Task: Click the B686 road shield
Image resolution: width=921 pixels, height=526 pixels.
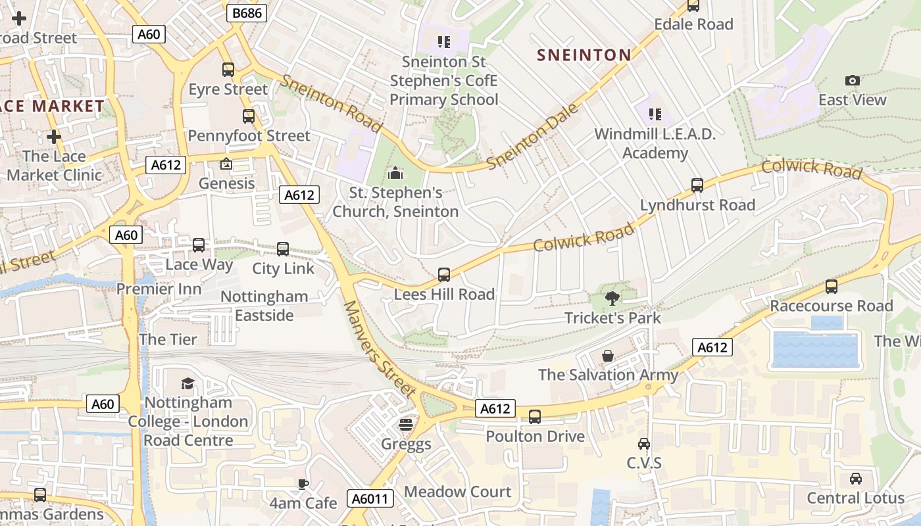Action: [x=247, y=12]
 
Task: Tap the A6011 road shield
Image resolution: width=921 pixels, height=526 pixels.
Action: [x=369, y=498]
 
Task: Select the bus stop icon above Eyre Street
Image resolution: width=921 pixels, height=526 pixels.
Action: [x=228, y=70]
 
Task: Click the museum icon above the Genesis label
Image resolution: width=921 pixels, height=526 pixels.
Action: [x=226, y=164]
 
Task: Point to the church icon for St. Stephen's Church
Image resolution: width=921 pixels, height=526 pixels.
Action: [x=395, y=173]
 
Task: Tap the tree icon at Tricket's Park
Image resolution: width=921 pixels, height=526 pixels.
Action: [x=612, y=299]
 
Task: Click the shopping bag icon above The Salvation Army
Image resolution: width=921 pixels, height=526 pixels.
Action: [x=608, y=356]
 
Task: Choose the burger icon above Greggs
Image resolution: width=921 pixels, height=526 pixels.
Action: [x=406, y=424]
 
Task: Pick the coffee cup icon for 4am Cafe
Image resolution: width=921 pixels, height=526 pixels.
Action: [x=303, y=485]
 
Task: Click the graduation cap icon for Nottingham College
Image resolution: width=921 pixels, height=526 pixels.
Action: [x=187, y=383]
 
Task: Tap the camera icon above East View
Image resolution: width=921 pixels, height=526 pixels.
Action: [x=852, y=80]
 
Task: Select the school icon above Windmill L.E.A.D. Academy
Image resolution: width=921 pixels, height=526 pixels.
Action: [x=655, y=114]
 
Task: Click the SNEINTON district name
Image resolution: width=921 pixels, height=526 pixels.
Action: [x=584, y=55]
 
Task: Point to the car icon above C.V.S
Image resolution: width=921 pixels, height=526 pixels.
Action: [x=643, y=444]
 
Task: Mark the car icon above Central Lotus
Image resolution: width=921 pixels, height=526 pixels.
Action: [x=855, y=479]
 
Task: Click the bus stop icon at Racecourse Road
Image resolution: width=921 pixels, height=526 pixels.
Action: [x=832, y=287]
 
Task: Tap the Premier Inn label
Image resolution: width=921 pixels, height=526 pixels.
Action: [x=159, y=289]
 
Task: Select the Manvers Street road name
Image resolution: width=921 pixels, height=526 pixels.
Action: [x=380, y=349]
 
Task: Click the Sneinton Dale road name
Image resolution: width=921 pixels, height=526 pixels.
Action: [x=533, y=136]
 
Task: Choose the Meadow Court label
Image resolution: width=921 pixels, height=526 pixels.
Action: [x=457, y=492]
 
